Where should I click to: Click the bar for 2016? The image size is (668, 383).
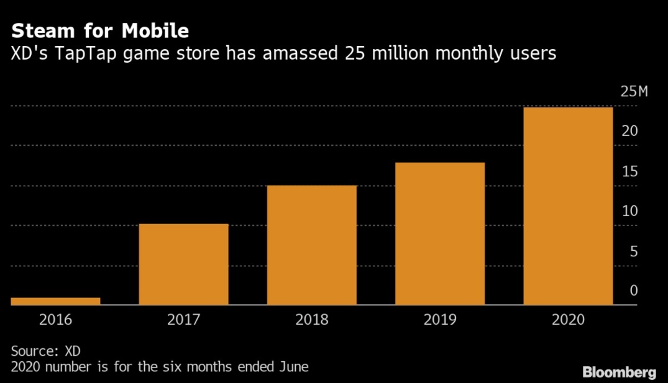pyautogui.click(x=55, y=301)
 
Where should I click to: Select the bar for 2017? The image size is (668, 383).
pyautogui.click(x=183, y=264)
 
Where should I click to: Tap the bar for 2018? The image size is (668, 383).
pyautogui.click(x=312, y=245)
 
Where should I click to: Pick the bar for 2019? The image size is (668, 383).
pyautogui.click(x=440, y=233)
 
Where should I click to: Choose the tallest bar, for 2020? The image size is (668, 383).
pyautogui.click(x=568, y=206)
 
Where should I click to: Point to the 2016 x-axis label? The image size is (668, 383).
pyautogui.click(x=55, y=320)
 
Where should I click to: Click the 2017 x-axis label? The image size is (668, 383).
pyautogui.click(x=183, y=320)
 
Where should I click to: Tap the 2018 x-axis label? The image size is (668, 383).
pyautogui.click(x=312, y=320)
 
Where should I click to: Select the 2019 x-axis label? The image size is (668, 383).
pyautogui.click(x=440, y=320)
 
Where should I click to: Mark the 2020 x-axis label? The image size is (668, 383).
pyautogui.click(x=568, y=320)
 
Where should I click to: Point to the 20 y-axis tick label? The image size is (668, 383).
pyautogui.click(x=629, y=132)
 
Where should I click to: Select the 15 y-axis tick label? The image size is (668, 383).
pyautogui.click(x=629, y=171)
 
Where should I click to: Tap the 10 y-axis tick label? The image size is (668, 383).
pyautogui.click(x=629, y=211)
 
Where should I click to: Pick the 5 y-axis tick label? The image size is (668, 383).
pyautogui.click(x=633, y=251)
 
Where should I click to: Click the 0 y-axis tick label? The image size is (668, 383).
pyautogui.click(x=633, y=291)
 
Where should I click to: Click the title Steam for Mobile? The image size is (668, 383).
pyautogui.click(x=100, y=30)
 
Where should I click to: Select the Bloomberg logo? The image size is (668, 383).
pyautogui.click(x=619, y=372)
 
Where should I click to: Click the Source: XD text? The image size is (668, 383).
pyautogui.click(x=46, y=351)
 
